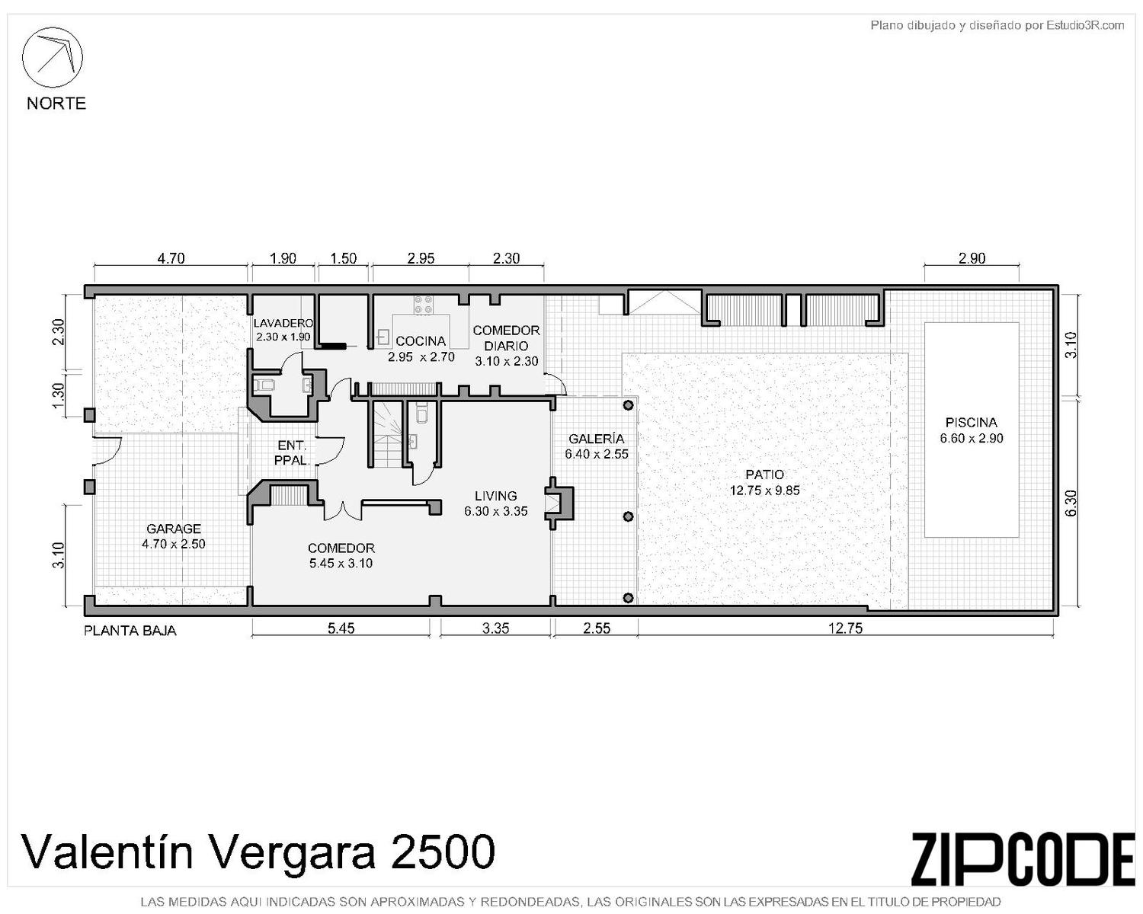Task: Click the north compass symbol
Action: [52, 57]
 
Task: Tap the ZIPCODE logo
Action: [1023, 858]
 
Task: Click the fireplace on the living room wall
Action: [560, 502]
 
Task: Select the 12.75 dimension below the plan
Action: [846, 628]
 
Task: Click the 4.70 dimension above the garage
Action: [171, 258]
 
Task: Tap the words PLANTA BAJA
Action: [130, 631]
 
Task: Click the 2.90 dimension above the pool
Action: [972, 258]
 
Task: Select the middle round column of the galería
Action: [629, 516]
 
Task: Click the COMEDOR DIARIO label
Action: [506, 337]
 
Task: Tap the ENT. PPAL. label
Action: [292, 452]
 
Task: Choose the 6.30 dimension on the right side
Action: [1071, 503]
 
